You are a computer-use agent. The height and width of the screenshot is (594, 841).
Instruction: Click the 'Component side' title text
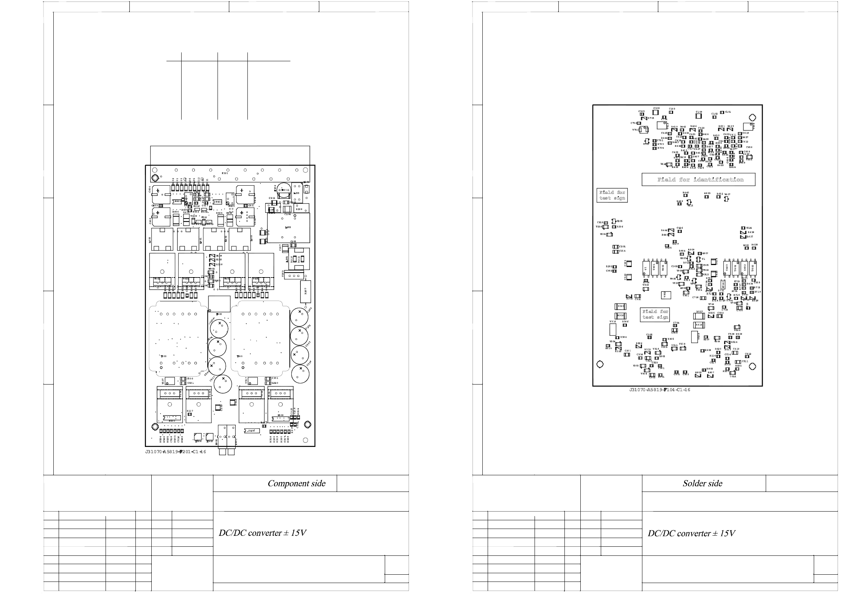[296, 483]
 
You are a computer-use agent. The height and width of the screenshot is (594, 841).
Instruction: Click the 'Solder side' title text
[702, 483]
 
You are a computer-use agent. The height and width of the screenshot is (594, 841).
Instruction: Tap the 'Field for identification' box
[698, 180]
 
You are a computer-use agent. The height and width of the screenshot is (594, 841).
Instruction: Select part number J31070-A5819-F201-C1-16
[176, 451]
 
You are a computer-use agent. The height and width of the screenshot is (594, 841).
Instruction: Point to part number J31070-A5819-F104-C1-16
[659, 390]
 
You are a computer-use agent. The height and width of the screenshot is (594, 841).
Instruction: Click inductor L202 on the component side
[288, 227]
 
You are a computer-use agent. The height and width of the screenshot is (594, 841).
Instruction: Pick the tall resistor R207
[305, 291]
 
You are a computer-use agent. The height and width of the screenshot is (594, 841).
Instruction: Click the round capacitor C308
[300, 317]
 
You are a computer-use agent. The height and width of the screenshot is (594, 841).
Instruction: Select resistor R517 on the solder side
[699, 316]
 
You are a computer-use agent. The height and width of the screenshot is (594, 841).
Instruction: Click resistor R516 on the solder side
[699, 325]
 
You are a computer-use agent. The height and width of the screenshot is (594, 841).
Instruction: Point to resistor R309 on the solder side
[620, 306]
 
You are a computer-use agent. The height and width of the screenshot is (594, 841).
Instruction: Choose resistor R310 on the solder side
[620, 315]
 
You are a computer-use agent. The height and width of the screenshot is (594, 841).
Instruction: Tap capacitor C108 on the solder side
[656, 112]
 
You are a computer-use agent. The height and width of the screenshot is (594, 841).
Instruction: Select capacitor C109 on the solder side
[698, 116]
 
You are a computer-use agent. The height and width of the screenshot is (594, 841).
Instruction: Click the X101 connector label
[225, 173]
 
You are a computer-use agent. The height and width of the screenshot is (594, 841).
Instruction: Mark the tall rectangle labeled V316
[613, 329]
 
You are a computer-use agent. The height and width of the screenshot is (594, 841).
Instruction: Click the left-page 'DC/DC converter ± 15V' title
[262, 533]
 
